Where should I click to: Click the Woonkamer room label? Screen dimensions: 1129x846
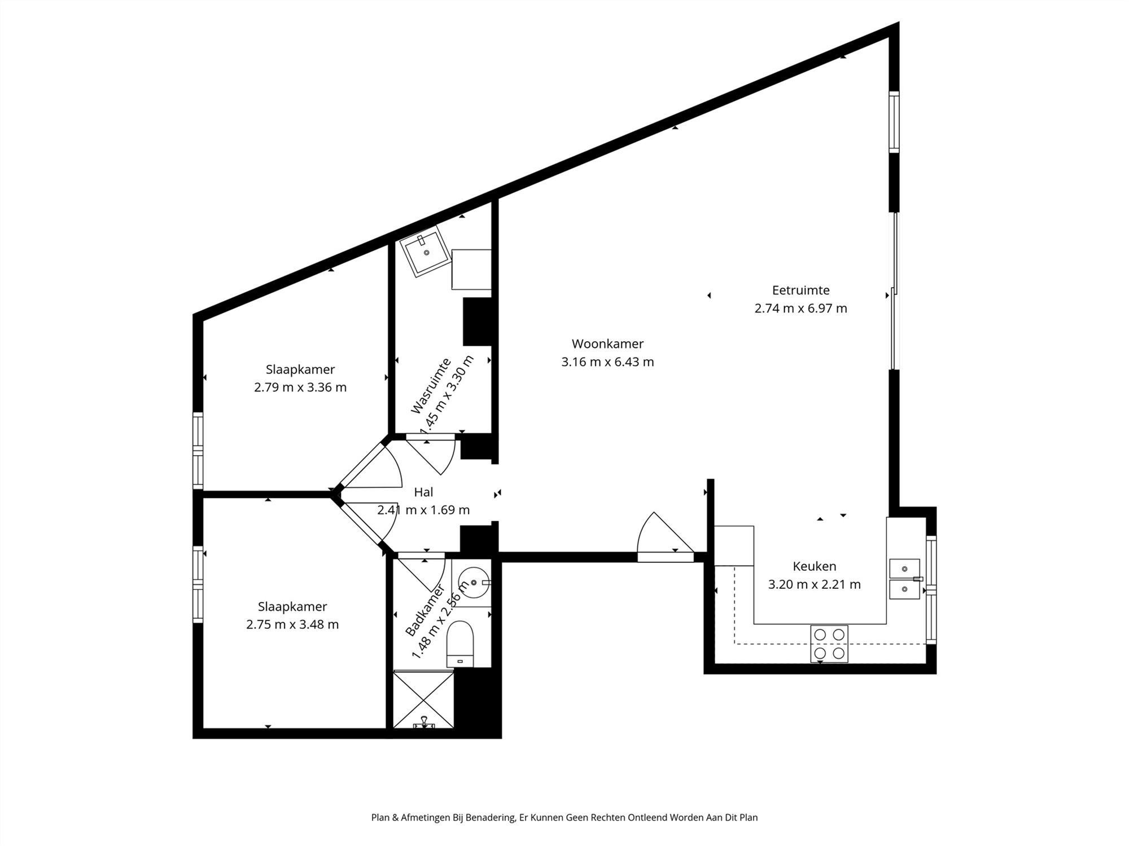[607, 343]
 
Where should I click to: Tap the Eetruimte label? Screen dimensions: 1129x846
[800, 290]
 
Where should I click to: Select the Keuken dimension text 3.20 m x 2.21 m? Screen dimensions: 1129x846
[814, 584]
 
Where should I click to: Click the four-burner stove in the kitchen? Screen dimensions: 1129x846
[829, 644]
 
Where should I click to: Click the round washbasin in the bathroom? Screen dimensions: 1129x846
[473, 581]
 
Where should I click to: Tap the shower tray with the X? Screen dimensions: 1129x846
[423, 699]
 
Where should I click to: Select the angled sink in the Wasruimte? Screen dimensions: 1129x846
[425, 252]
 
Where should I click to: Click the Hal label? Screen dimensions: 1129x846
[423, 492]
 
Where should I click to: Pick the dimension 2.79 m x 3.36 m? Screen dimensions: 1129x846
[300, 387]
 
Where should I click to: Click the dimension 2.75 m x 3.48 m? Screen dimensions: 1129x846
[292, 624]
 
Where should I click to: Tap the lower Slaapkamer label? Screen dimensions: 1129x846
[292, 606]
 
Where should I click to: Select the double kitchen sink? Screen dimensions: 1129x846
[904, 579]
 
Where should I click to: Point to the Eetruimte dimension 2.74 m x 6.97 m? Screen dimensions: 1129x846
[800, 309]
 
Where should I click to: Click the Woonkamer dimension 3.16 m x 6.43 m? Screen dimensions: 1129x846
[607, 362]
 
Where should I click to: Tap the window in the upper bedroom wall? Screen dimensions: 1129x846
[198, 451]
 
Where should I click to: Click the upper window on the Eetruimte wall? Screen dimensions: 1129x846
[894, 122]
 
